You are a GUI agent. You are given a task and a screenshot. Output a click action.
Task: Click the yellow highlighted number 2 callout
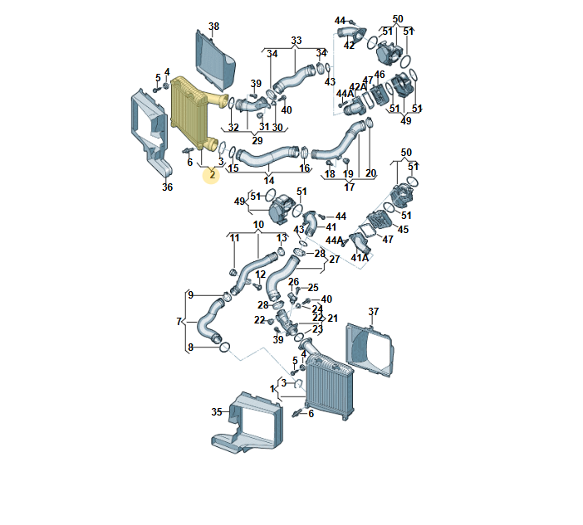212,174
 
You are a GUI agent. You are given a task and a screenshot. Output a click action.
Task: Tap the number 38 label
213,27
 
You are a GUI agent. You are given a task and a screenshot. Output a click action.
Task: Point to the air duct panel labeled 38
215,61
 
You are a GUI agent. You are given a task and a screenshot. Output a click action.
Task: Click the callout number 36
167,187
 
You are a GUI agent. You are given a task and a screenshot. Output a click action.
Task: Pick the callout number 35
217,411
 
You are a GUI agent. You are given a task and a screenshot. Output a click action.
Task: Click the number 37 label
373,311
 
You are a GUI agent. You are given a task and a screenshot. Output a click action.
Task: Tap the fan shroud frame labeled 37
369,350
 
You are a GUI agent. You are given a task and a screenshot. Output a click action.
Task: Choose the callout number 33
296,40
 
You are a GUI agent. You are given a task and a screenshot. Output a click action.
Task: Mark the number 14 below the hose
269,181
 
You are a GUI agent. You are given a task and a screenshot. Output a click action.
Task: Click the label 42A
358,86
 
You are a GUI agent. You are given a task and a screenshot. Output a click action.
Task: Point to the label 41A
360,257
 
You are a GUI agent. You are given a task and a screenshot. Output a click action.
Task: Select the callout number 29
257,140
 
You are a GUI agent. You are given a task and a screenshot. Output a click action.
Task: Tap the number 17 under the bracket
349,187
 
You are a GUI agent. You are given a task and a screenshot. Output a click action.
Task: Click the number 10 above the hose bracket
258,225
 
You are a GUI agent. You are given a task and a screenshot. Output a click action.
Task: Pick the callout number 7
179,321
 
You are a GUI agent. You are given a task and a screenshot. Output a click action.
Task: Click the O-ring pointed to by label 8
225,348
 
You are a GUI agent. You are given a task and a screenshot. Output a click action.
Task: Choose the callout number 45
403,230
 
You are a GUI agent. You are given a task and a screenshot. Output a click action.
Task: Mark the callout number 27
334,259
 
